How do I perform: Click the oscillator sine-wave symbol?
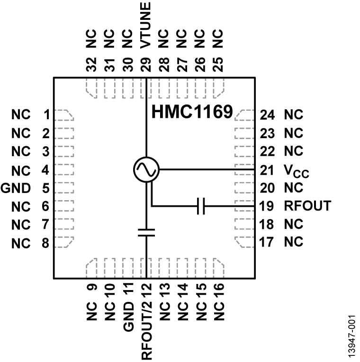click(x=146, y=169)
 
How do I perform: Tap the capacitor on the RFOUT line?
click(x=201, y=206)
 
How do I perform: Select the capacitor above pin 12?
click(x=146, y=232)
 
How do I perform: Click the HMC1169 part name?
click(x=192, y=113)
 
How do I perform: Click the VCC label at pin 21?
click(x=296, y=170)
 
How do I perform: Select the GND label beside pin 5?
click(x=16, y=188)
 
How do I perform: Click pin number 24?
click(x=268, y=115)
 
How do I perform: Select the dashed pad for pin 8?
click(x=63, y=242)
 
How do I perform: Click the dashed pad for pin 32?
click(x=92, y=85)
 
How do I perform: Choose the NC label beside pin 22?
click(x=294, y=151)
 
